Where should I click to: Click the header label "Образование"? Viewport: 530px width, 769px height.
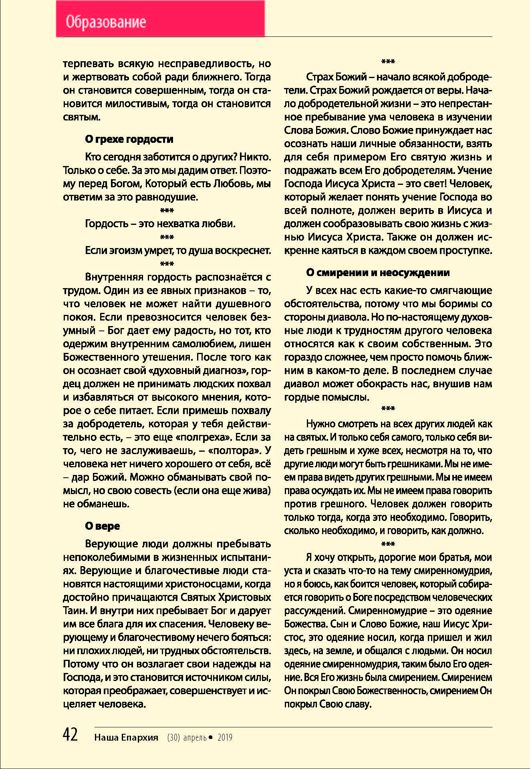pyautogui.click(x=106, y=22)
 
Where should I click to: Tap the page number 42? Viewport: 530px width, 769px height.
pyautogui.click(x=71, y=735)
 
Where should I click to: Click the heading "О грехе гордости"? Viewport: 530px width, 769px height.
pyautogui.click(x=129, y=139)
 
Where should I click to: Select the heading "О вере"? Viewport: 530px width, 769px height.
pyautogui.click(x=102, y=526)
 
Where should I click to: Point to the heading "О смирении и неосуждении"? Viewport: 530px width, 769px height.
pyautogui.click(x=377, y=272)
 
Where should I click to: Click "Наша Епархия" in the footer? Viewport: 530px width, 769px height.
pyautogui.click(x=126, y=737)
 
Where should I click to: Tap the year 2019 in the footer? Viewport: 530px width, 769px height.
pyautogui.click(x=225, y=737)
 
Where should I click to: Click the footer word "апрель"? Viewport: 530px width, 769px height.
pyautogui.click(x=195, y=737)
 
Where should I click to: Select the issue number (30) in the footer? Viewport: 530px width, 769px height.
pyautogui.click(x=173, y=737)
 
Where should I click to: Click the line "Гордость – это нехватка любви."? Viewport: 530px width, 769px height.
pyautogui.click(x=160, y=224)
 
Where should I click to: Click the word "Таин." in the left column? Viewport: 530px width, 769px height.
pyautogui.click(x=75, y=611)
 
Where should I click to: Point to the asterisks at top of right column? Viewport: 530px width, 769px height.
pyautogui.click(x=388, y=62)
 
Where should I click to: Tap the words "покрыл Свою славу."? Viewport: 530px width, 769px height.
pyautogui.click(x=328, y=704)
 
